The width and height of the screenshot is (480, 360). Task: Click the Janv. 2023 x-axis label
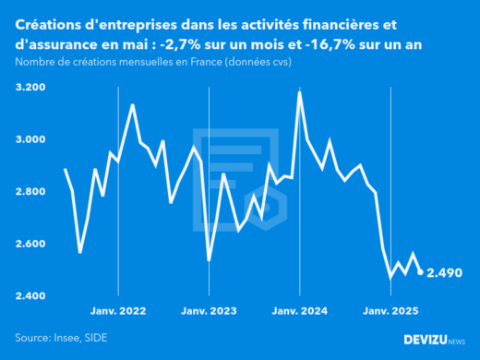point(209,311)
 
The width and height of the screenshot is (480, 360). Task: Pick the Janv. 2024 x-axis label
point(299,311)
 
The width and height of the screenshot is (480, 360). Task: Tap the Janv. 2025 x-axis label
point(390,311)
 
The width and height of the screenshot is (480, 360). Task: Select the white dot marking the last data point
point(421,272)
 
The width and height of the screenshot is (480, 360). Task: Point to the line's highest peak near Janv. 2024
point(299,92)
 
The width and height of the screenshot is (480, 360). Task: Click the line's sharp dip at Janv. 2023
point(209,260)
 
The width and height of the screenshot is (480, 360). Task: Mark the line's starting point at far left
point(65,169)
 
